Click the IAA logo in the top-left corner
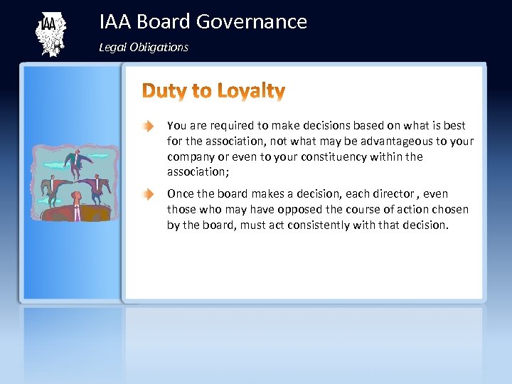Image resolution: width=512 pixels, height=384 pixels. pyautogui.click(x=49, y=33)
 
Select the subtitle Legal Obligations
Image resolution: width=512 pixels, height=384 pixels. pyautogui.click(x=144, y=47)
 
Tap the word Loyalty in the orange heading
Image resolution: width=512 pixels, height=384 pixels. pyautogui.click(x=251, y=91)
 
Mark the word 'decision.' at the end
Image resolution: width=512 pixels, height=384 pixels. pyautogui.click(x=425, y=225)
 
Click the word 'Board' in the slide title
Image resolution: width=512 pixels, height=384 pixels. pyautogui.click(x=164, y=22)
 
